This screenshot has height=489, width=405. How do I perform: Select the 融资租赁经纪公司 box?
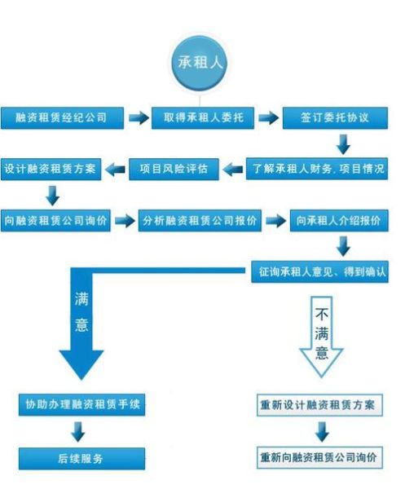tap(62, 117)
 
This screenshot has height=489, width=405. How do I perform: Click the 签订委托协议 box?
tap(335, 117)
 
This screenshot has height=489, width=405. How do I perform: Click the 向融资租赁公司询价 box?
tap(55, 220)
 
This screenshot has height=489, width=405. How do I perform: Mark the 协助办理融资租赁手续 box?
tap(82, 403)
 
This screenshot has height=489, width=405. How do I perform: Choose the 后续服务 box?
tap(81, 458)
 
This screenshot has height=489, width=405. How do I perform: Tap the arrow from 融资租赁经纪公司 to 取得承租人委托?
tap(138, 117)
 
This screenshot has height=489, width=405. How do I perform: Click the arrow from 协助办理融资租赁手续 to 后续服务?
tap(80, 431)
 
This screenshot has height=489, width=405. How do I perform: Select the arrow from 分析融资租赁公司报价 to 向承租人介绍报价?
tap(277, 220)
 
